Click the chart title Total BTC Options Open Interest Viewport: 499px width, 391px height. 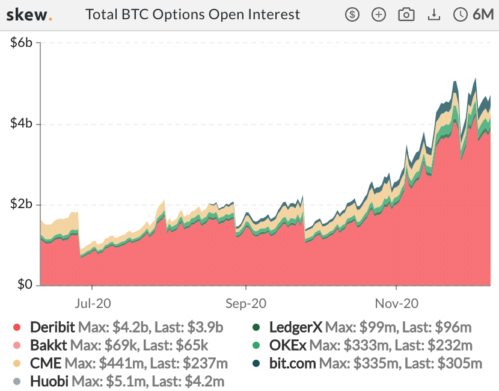coord(192,14)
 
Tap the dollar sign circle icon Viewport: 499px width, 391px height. coord(352,15)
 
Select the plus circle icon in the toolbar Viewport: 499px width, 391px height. coord(379,15)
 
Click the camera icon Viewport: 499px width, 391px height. coord(407,15)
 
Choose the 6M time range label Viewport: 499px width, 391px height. coord(483,15)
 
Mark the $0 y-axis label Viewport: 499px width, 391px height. coord(23,285)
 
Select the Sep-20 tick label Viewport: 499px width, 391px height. coord(246,303)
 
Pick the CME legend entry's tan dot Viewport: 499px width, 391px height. coord(17,363)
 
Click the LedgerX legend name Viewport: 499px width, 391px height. coord(296,328)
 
